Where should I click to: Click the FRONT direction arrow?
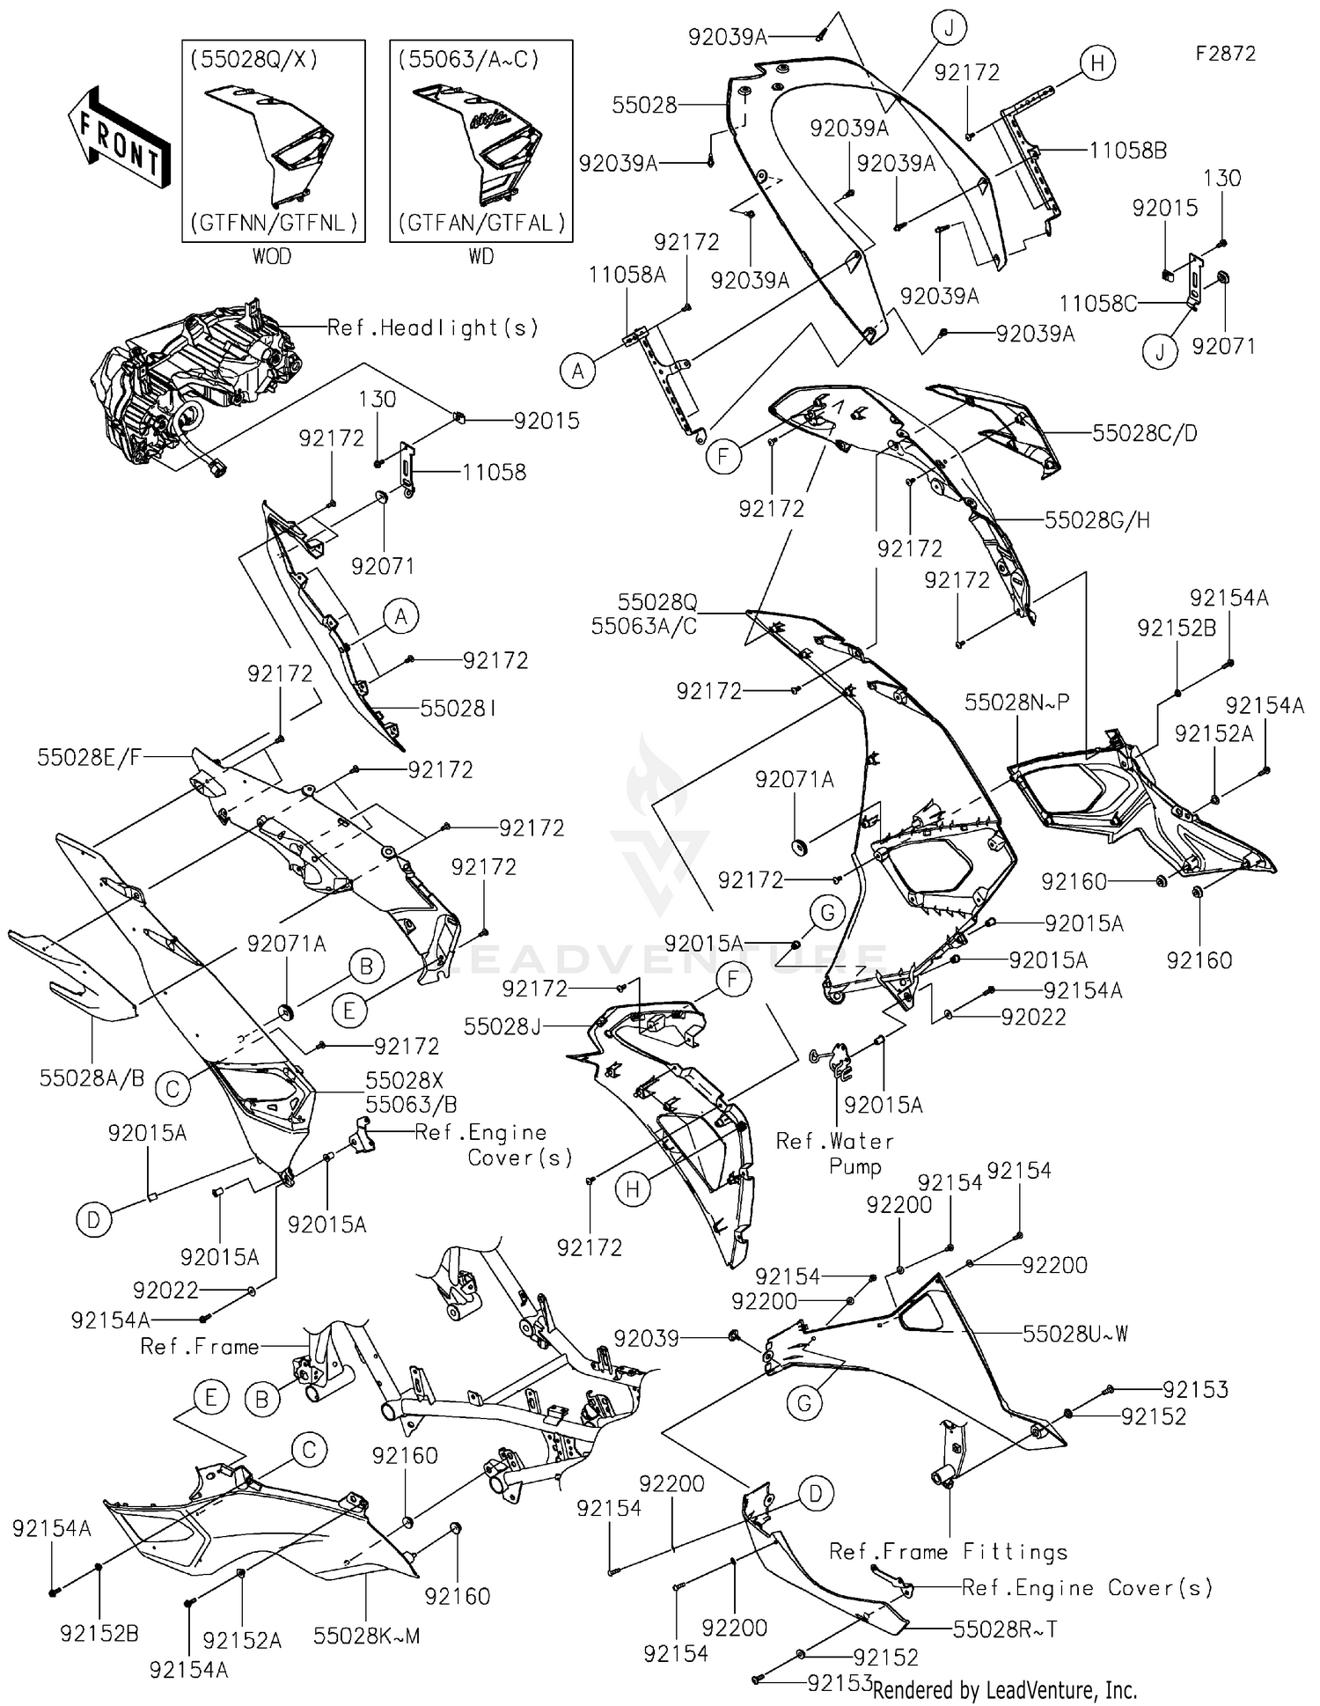(x=120, y=137)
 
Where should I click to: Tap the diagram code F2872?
(x=1225, y=54)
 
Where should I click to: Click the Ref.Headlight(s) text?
(x=432, y=327)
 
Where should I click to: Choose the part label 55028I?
(x=458, y=708)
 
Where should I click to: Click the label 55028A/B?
(x=92, y=1077)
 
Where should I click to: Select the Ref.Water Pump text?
(x=834, y=1153)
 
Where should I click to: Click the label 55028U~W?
(x=1074, y=1334)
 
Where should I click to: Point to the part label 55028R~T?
(x=1005, y=1629)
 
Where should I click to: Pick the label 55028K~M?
(x=366, y=1636)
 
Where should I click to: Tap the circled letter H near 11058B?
(x=1097, y=63)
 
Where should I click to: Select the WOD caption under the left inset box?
(x=271, y=256)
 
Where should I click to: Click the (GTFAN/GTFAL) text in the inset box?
(x=481, y=223)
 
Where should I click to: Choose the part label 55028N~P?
(x=1017, y=702)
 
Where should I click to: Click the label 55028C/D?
(x=1144, y=433)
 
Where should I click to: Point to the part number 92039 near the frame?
(x=647, y=1338)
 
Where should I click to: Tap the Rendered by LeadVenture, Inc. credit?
(x=1004, y=1689)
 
